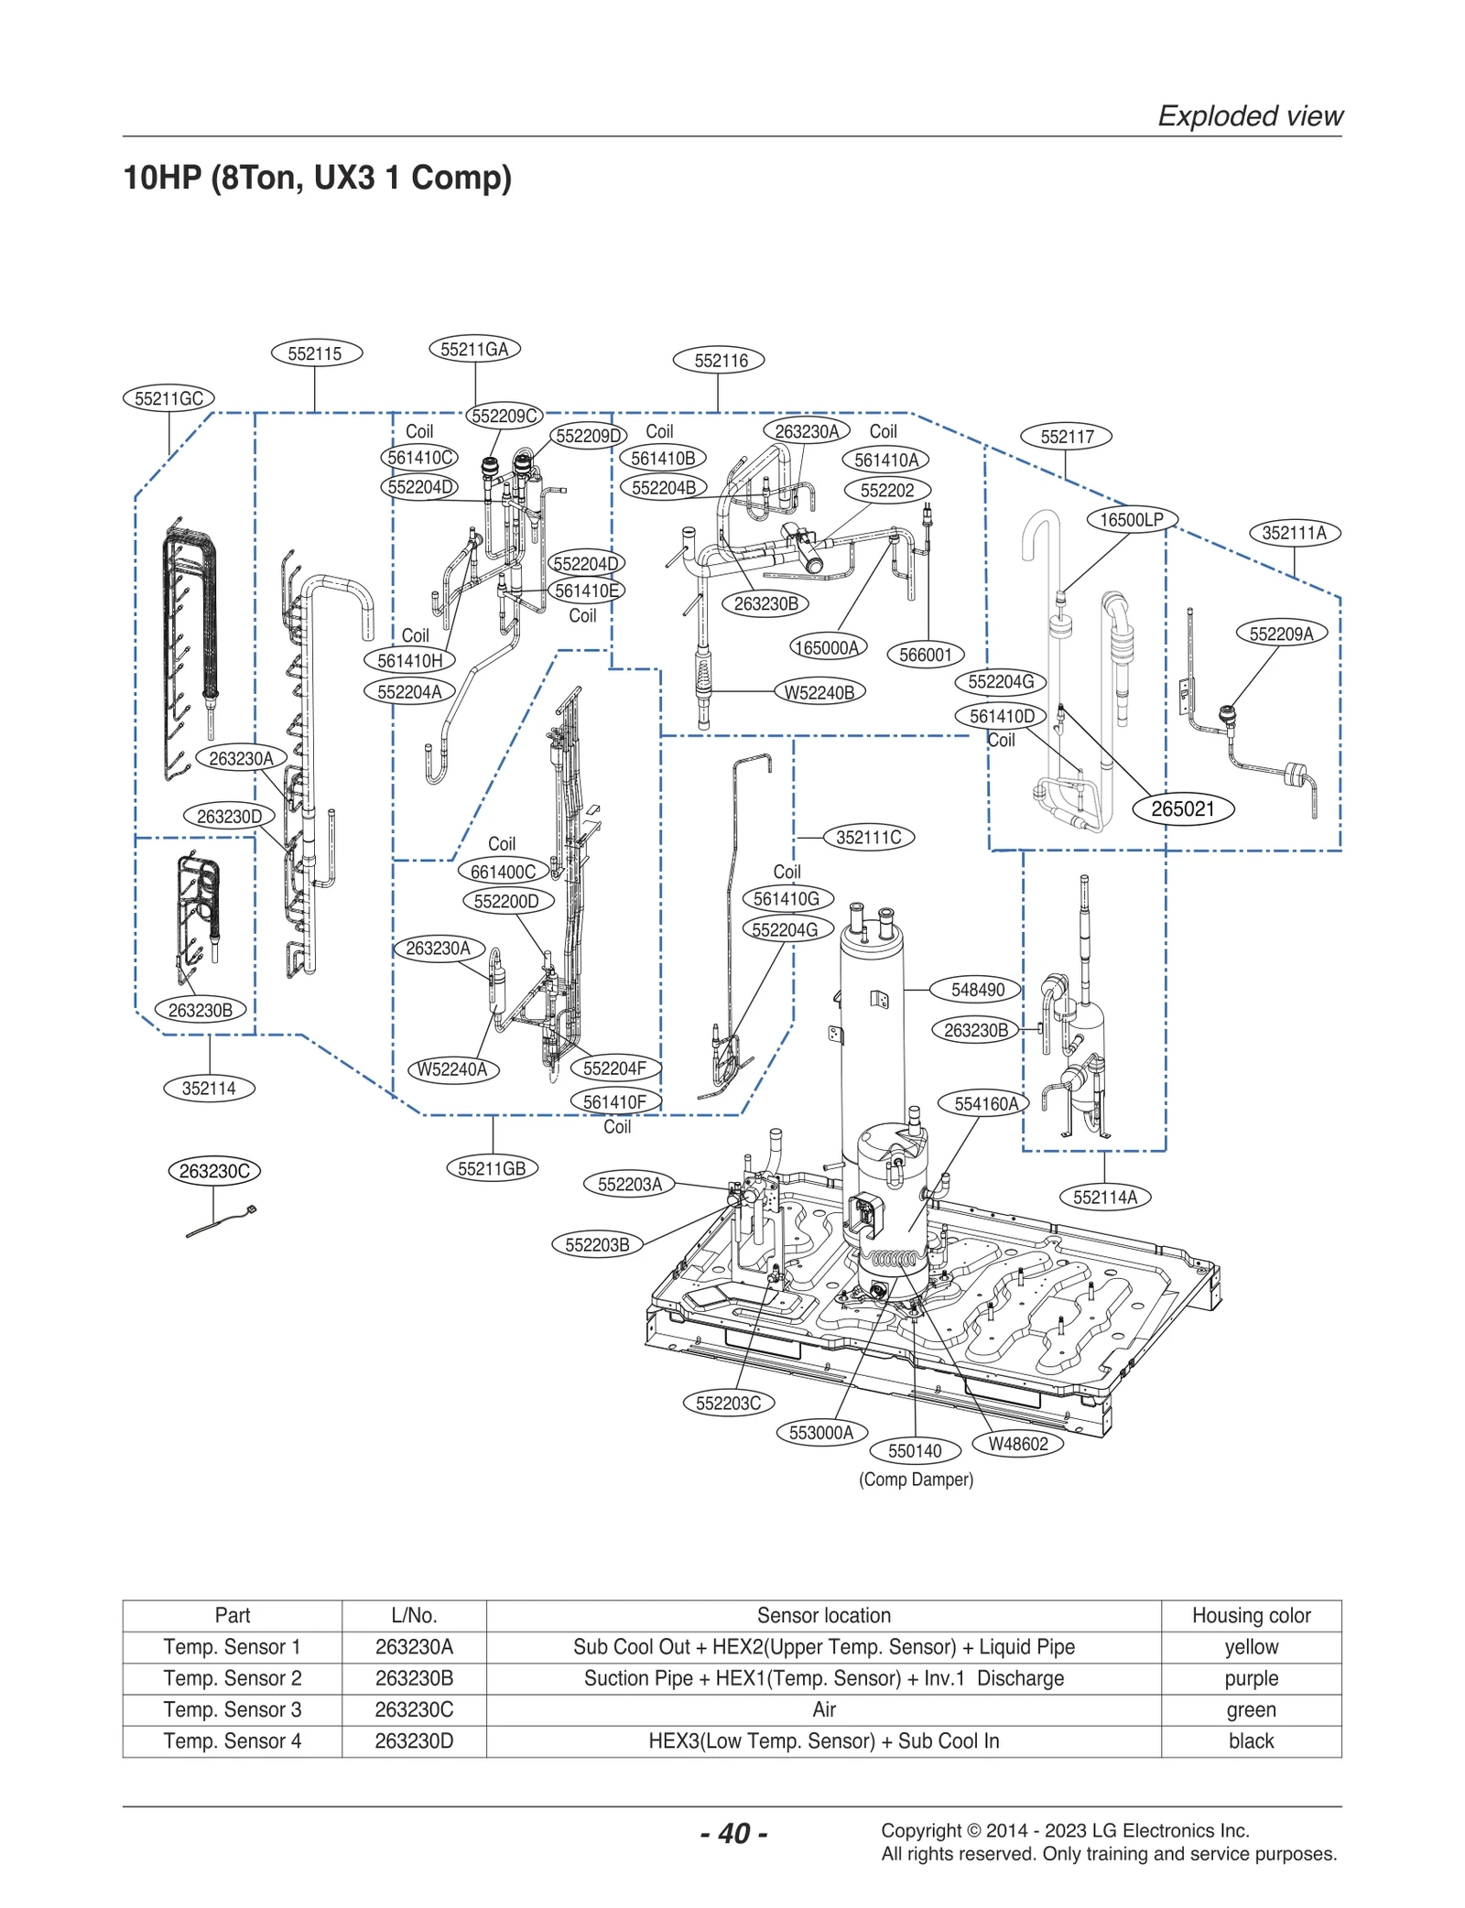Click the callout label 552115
click(316, 353)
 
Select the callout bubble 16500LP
click(1131, 520)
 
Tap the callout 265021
click(1182, 809)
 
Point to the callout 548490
click(977, 990)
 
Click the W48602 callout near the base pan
click(1017, 1444)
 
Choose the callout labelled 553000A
click(821, 1433)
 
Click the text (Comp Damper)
click(916, 1480)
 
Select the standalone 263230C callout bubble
click(214, 1171)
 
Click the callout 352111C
click(868, 837)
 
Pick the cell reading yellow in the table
click(1250, 1647)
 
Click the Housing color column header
click(1250, 1616)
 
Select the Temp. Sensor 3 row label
click(233, 1709)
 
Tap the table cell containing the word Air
click(823, 1709)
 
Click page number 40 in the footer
click(733, 1833)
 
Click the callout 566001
click(925, 655)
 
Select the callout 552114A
click(1104, 1197)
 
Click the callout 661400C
click(503, 872)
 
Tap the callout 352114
click(209, 1089)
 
